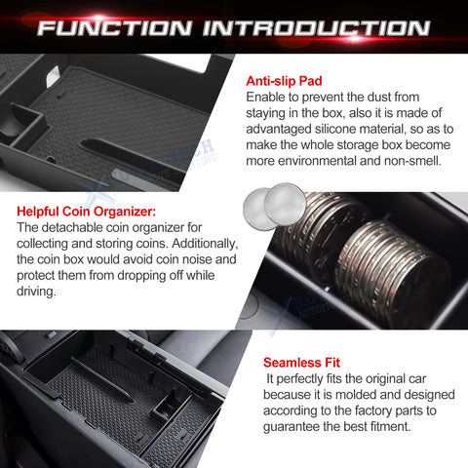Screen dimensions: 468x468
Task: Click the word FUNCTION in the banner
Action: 114,28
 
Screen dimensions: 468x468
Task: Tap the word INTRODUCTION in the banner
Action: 317,28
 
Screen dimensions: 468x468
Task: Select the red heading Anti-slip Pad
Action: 284,81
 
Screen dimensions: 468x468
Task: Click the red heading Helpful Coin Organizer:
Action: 86,212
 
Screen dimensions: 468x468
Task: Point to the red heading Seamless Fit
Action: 301,363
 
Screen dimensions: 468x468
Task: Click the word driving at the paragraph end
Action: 36,292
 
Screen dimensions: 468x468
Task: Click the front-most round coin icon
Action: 285,204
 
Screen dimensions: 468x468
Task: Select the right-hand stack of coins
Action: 394,271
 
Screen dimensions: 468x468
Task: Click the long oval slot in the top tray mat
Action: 130,154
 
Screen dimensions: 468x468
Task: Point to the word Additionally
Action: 205,244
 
